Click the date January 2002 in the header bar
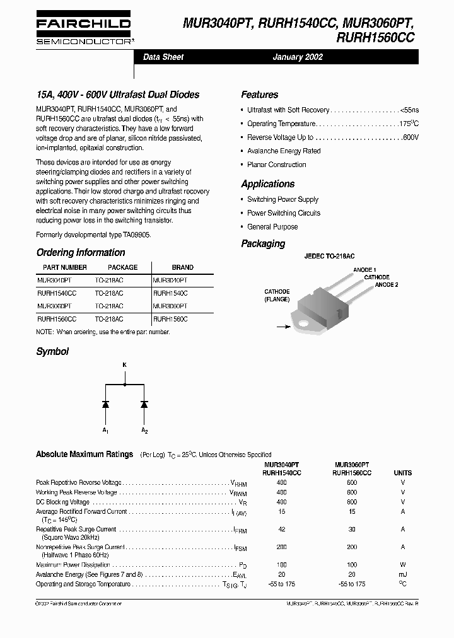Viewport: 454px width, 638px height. click(298, 57)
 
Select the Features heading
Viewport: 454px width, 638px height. click(259, 95)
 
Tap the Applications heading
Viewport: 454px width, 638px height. click(267, 184)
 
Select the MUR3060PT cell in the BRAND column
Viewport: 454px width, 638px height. click(170, 306)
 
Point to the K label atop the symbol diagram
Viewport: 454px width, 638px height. click(125, 365)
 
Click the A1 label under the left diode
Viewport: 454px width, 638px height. click(106, 431)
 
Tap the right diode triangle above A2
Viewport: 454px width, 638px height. click(144, 403)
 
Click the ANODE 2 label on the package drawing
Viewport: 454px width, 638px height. click(387, 285)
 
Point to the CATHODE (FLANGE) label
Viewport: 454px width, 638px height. click(277, 295)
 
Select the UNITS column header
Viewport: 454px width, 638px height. click(402, 473)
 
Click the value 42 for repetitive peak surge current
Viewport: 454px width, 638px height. click(281, 530)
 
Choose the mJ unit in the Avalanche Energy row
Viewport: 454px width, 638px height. click(402, 575)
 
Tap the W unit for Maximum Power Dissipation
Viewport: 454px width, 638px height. click(402, 565)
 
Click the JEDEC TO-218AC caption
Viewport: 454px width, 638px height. click(329, 257)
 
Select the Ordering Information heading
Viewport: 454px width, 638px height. click(81, 253)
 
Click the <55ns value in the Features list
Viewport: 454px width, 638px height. click(409, 110)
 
